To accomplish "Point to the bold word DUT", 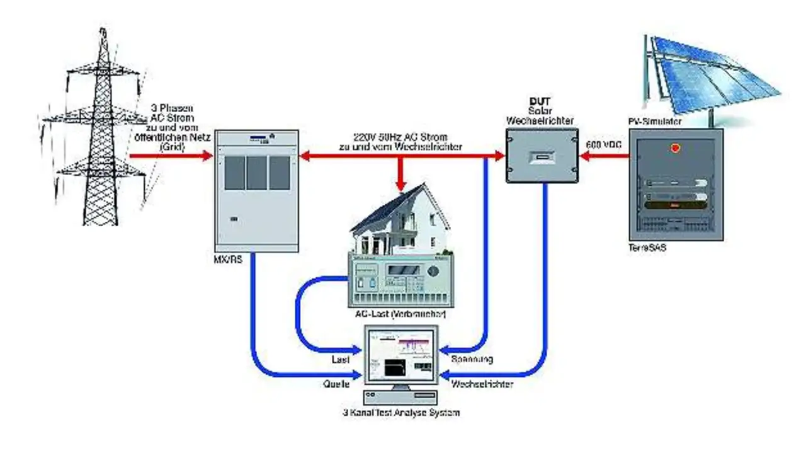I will [541, 101].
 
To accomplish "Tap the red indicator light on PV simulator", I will [676, 149].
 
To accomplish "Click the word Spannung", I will [472, 359].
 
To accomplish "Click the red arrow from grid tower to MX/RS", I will [170, 155].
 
